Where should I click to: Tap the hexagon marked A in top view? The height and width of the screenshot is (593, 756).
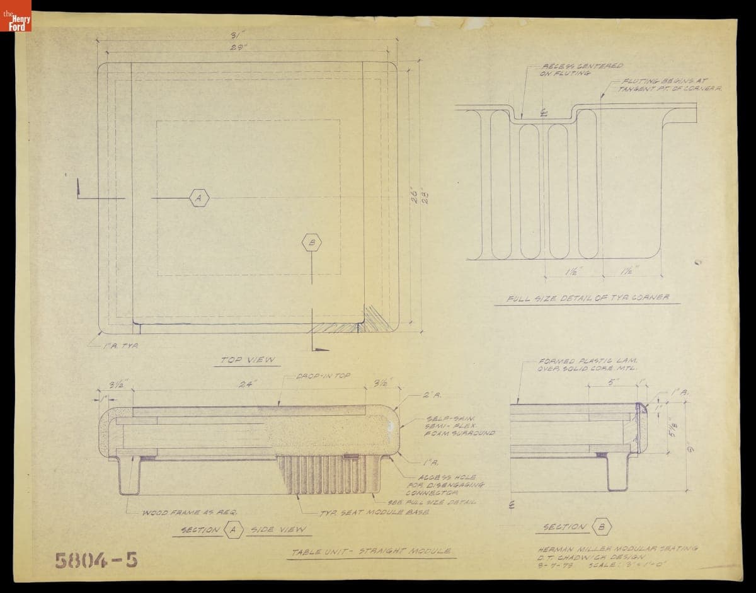coord(198,198)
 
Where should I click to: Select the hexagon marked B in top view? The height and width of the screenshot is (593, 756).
coord(312,242)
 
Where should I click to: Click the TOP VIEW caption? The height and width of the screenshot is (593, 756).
coord(247,360)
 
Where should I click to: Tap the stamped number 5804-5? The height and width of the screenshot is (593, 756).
coord(95,559)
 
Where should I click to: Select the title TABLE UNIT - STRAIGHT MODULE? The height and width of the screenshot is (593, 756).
coord(370,551)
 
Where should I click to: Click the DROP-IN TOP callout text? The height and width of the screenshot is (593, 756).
coord(323,376)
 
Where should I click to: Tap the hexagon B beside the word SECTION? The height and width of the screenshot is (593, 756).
coord(601,527)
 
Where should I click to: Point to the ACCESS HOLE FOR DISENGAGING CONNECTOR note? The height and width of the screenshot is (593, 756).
coord(451,485)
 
